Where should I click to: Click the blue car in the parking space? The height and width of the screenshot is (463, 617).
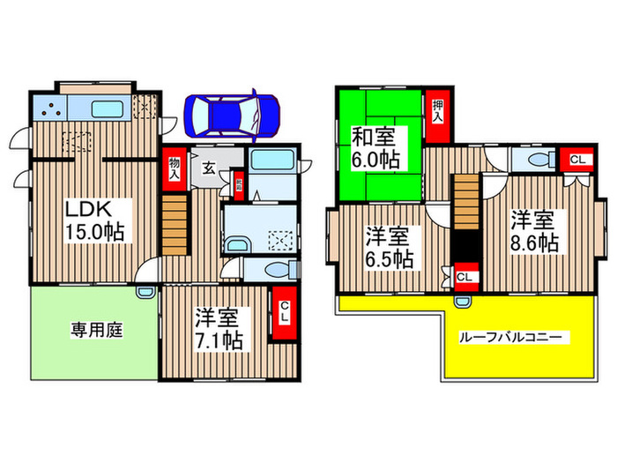232,115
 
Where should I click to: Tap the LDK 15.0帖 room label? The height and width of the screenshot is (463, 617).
97,220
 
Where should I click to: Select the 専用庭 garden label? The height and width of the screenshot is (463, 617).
96,331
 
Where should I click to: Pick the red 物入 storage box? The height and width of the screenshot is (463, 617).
174,168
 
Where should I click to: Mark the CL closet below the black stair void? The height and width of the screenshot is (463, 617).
466,276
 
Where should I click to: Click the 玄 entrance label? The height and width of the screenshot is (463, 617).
208,168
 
